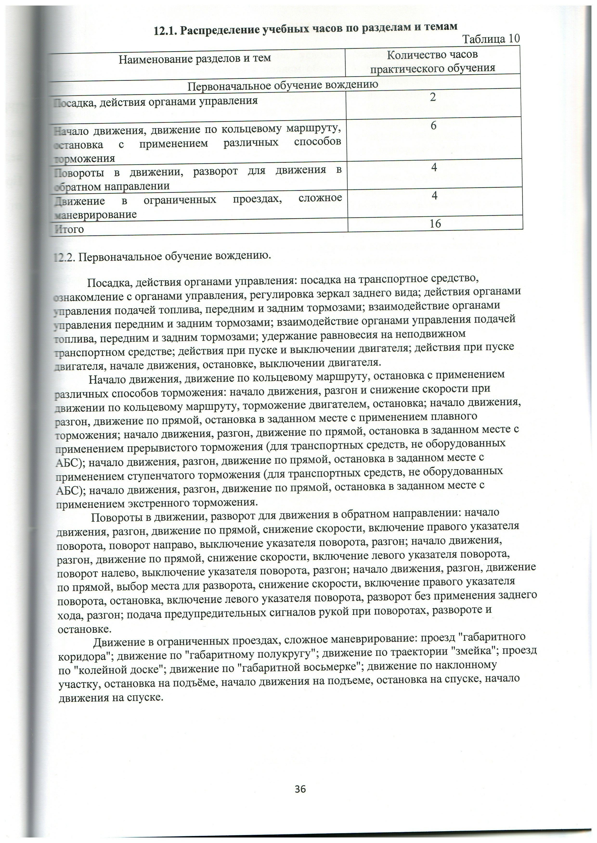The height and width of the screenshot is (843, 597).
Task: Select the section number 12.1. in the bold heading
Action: [165, 31]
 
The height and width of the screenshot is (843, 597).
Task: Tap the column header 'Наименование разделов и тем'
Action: [195, 58]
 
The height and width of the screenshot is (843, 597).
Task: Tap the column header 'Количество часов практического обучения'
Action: [433, 61]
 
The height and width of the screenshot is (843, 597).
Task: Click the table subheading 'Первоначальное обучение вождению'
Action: [283, 86]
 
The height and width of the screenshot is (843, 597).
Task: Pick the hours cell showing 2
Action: [433, 97]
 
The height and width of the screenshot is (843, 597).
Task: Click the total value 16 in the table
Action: [435, 224]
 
